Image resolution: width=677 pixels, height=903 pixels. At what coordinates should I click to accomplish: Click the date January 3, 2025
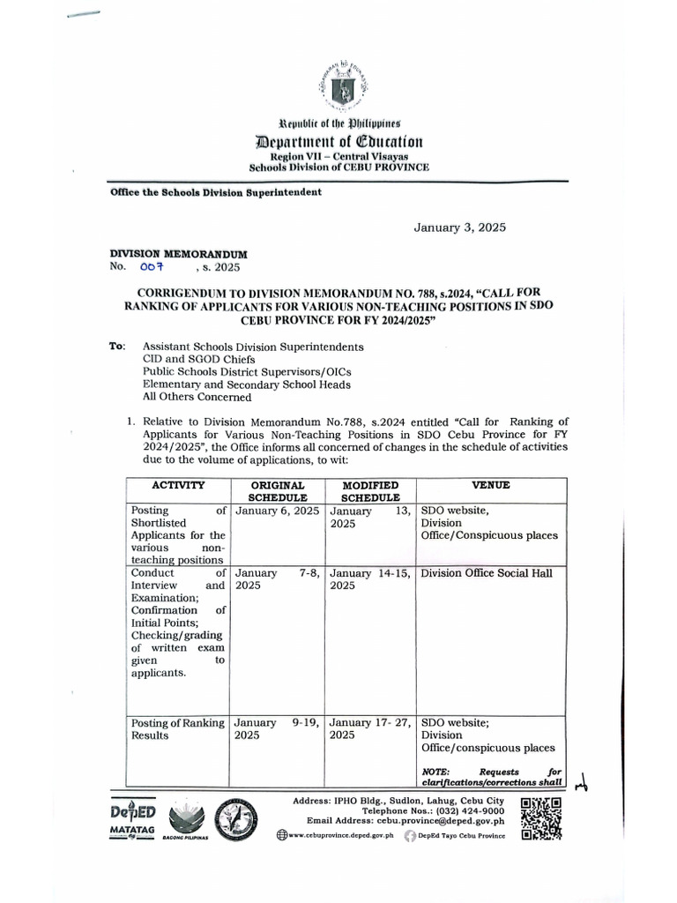(x=460, y=228)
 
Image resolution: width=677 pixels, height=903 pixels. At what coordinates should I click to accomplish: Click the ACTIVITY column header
(x=178, y=485)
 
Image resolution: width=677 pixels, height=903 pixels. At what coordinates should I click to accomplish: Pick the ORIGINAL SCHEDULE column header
(x=278, y=491)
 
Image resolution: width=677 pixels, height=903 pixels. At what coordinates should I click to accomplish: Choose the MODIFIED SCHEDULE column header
(x=370, y=491)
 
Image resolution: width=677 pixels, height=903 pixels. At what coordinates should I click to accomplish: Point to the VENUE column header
(x=490, y=485)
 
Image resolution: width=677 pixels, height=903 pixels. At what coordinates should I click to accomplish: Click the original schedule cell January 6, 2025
(x=277, y=511)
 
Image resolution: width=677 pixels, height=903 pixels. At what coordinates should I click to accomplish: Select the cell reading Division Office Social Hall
(x=487, y=573)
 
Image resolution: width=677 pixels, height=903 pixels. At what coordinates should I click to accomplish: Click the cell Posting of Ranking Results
(x=178, y=728)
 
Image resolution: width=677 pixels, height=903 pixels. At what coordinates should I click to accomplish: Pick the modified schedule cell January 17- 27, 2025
(x=370, y=728)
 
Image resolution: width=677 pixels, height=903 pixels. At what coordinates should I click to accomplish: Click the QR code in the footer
(x=541, y=820)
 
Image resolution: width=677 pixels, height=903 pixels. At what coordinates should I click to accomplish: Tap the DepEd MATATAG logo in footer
(x=133, y=820)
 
